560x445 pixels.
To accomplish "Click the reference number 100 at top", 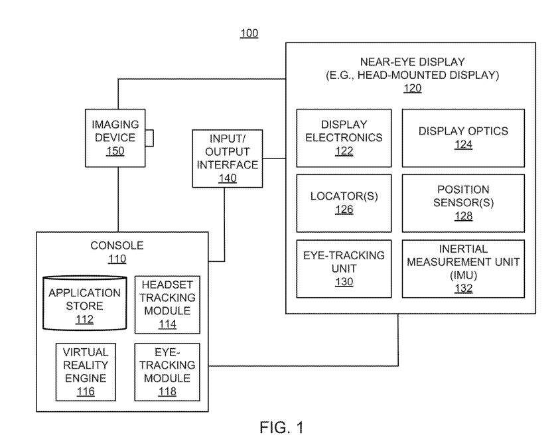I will [x=249, y=32].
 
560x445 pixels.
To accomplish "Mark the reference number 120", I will [x=411, y=88].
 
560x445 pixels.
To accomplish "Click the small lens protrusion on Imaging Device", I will [x=149, y=138].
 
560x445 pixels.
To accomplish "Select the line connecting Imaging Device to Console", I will [x=117, y=199].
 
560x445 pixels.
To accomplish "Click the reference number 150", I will [x=114, y=151].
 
